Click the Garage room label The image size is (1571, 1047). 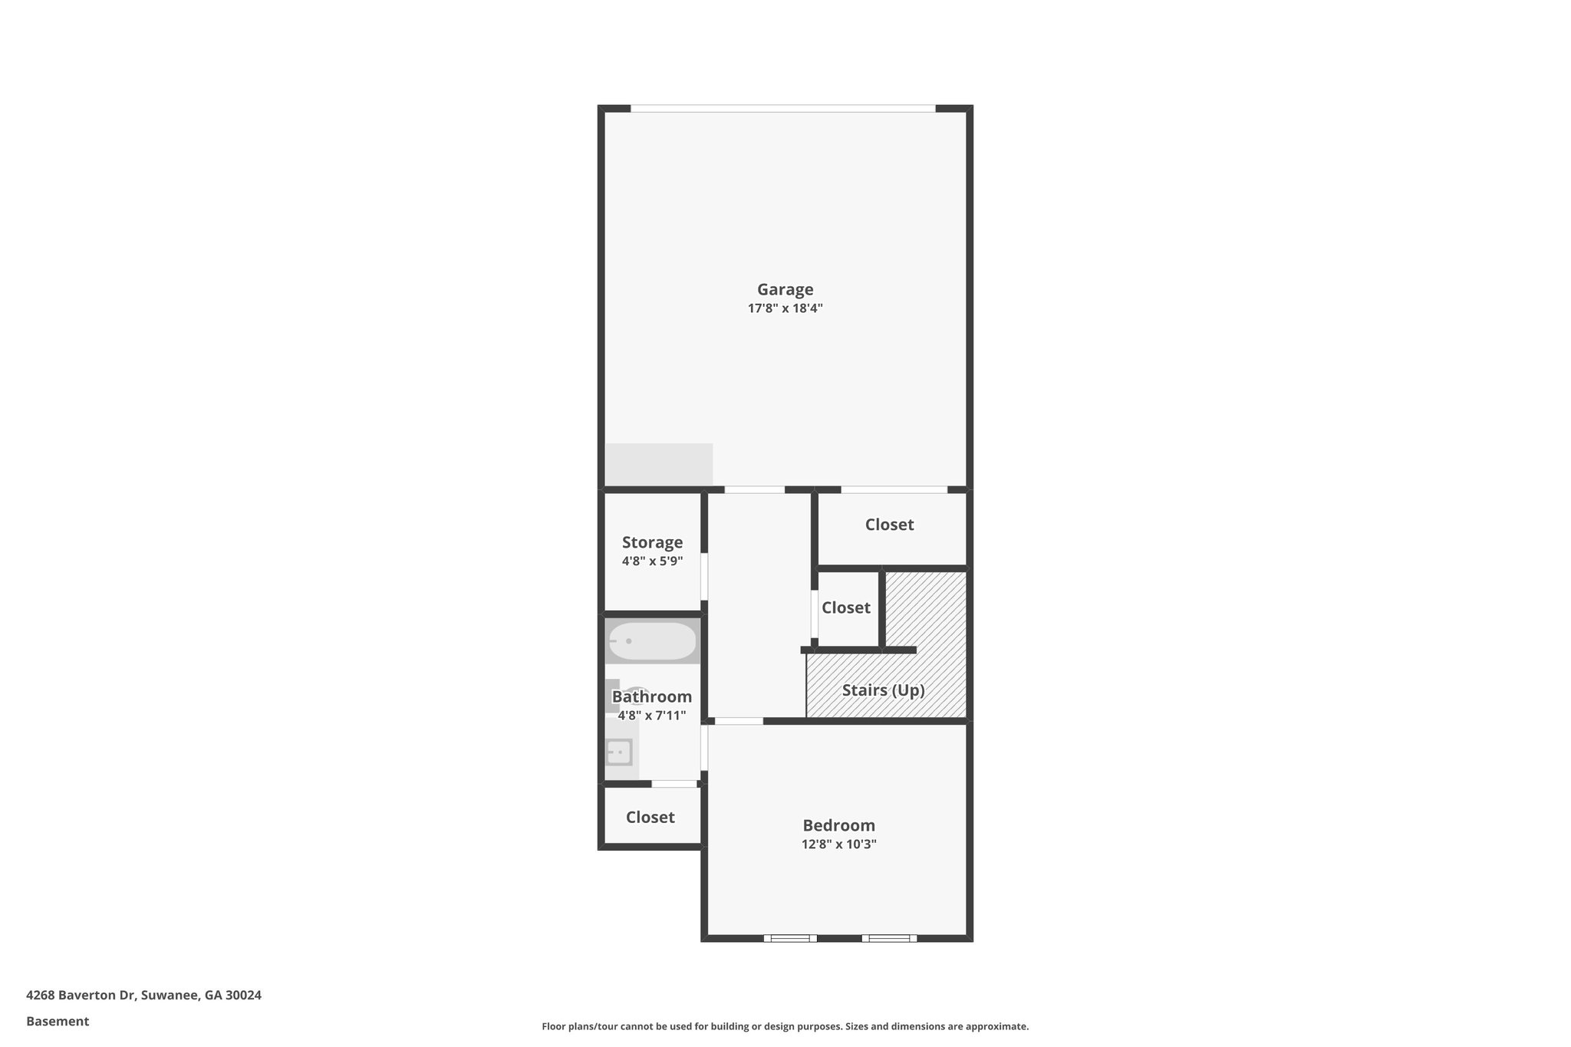coord(785,290)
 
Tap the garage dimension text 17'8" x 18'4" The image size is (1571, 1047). coord(785,309)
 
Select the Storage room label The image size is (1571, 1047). coord(652,542)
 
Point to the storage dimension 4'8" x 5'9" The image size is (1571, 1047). coord(652,561)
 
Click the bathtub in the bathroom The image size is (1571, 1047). coord(653,641)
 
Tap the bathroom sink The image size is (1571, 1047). coord(619,752)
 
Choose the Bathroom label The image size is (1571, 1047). coord(651,696)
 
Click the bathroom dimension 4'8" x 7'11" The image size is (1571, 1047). coord(651,716)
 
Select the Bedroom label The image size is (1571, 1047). coord(838,825)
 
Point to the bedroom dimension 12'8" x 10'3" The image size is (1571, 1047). coord(838,845)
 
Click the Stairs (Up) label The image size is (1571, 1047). coord(883,690)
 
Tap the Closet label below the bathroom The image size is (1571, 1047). coord(650,817)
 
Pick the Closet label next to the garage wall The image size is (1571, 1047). coord(889,525)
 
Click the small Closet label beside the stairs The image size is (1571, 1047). coord(845,607)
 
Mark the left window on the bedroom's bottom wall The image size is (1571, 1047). coord(790,937)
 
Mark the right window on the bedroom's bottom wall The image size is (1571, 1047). coord(889,937)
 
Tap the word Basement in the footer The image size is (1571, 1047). coord(58,1021)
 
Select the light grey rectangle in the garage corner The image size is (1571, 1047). coord(659,464)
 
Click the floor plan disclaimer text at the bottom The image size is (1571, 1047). coord(785,1026)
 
